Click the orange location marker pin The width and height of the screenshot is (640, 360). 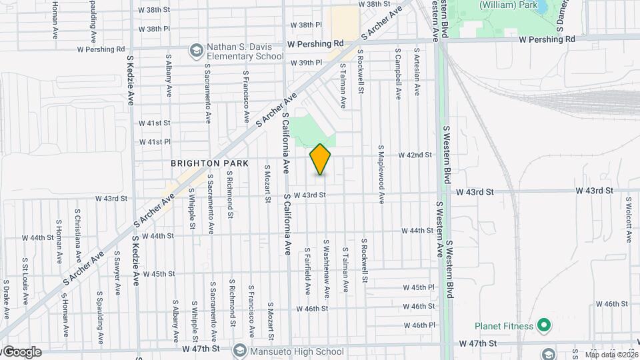tap(321, 159)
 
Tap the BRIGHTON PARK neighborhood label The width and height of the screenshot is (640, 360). tap(209, 163)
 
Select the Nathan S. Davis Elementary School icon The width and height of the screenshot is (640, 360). tap(196, 51)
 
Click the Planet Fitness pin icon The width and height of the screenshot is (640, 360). tap(544, 326)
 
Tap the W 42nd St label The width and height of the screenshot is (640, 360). tap(415, 155)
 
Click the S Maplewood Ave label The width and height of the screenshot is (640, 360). tap(382, 174)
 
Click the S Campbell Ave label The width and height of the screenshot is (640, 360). tap(397, 73)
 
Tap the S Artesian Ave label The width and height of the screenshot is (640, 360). tap(417, 72)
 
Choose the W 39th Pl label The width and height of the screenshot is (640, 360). tap(307, 63)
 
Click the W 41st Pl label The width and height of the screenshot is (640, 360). tap(155, 142)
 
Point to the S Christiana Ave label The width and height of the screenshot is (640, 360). tap(77, 238)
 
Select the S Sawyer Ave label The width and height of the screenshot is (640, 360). tap(117, 273)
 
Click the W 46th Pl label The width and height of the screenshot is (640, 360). tap(419, 325)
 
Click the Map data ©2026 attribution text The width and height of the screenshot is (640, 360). tap(611, 355)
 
